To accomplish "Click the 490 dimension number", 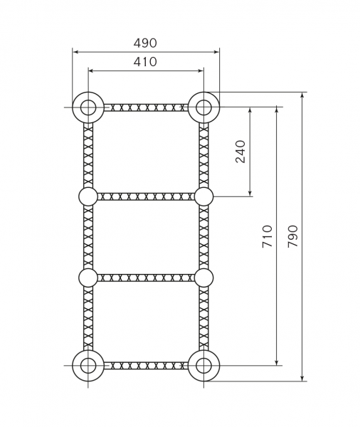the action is coord(145,43).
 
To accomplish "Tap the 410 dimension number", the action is coord(145,62).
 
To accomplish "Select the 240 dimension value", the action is coord(240,152).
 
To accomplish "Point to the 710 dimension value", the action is coord(268,236).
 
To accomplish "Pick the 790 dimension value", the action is coord(293,236).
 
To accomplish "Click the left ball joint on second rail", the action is coord(88,196).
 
